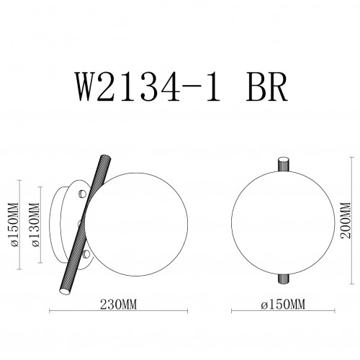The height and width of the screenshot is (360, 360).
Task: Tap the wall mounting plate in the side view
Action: (x=66, y=223)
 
